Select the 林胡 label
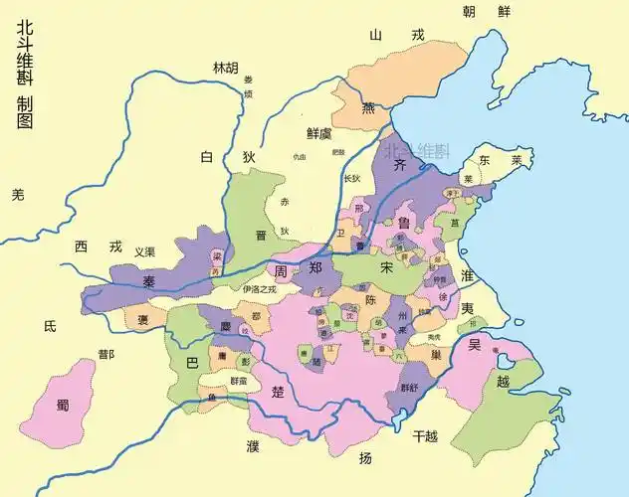point(226,69)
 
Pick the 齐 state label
point(401,165)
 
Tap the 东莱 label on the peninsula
point(499,160)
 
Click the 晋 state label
point(261,236)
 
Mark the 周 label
point(282,268)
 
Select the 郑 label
point(315,268)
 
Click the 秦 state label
point(149,282)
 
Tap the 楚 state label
point(279,392)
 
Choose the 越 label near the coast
point(503,382)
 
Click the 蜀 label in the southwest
point(63,405)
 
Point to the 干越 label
point(425,435)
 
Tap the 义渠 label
point(145,251)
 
